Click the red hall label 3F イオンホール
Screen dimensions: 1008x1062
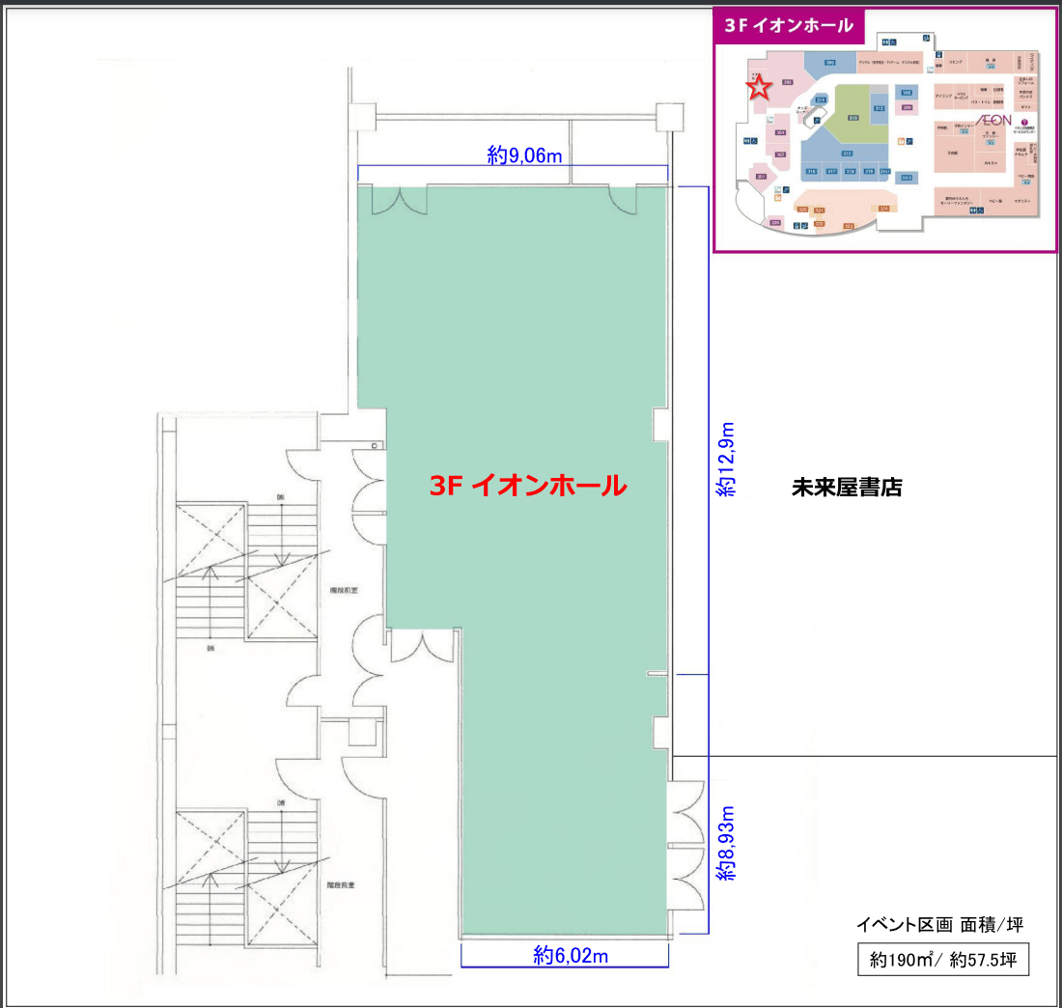(x=528, y=486)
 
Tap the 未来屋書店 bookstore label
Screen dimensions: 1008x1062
(x=846, y=487)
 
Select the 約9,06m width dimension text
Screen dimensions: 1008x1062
(x=525, y=154)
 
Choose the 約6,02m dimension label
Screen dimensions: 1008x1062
(x=571, y=956)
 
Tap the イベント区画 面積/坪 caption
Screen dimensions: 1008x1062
(x=939, y=925)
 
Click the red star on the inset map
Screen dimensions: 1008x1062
(x=760, y=88)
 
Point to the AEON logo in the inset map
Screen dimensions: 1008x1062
(x=993, y=120)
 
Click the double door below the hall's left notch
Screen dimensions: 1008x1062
(x=421, y=646)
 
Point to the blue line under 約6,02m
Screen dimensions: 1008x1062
(x=565, y=966)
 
